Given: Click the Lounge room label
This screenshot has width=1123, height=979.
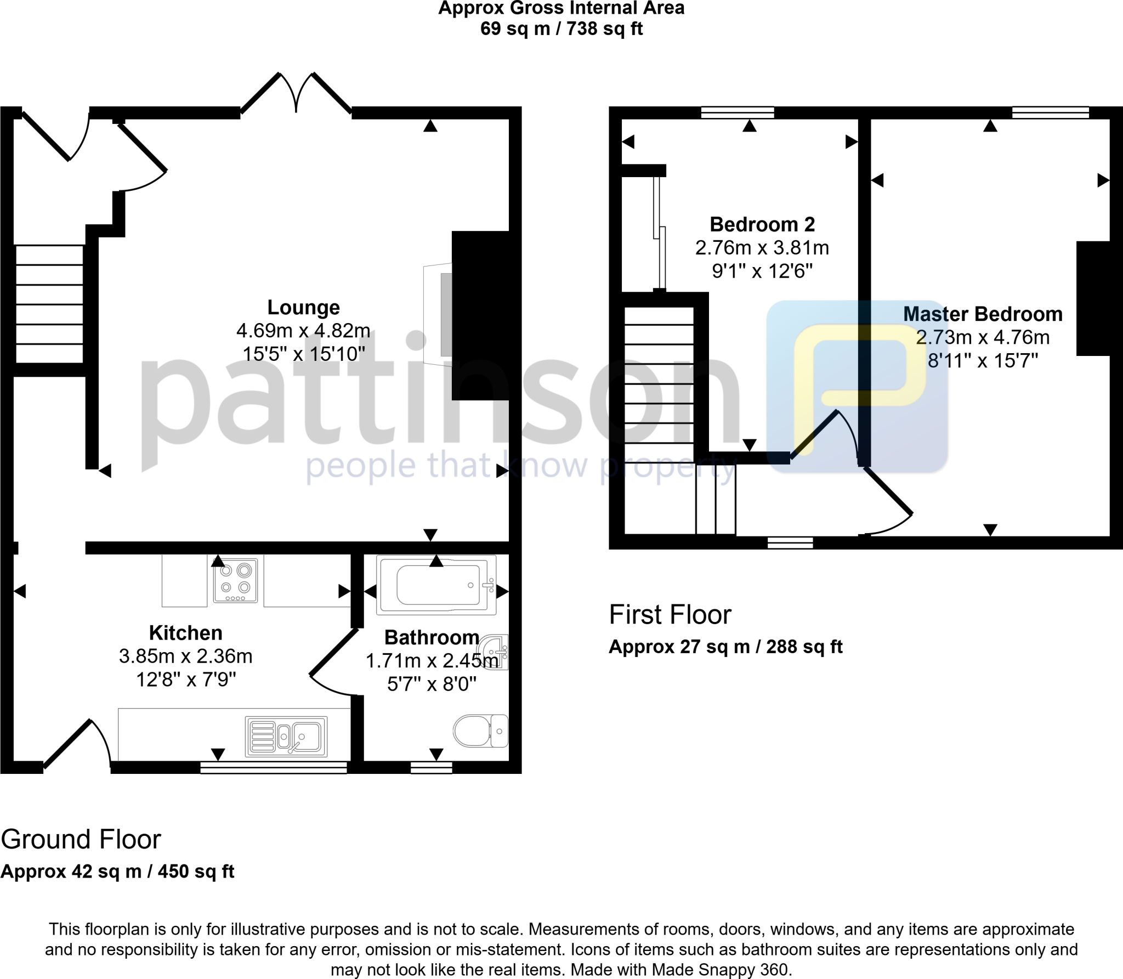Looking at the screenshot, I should pos(303,308).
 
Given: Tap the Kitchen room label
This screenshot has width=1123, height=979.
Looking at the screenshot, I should pos(185,633).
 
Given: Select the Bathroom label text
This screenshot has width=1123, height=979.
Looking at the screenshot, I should pos(432,637).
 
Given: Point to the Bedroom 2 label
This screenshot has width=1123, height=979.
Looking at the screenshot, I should pos(762,224).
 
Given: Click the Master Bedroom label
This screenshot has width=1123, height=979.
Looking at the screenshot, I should pos(983,314).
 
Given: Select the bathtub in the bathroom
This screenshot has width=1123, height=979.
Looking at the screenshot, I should pos(436,585).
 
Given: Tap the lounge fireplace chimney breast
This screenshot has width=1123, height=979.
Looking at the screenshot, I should pos(481,315).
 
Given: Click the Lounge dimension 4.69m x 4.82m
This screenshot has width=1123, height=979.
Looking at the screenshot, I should pos(303,331).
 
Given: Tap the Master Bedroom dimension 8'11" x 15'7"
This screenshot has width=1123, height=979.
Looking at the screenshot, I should pos(983,361).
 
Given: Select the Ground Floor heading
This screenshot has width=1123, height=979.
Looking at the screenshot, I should pos(81,840).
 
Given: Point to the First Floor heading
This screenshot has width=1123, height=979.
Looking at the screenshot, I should pos(670,615).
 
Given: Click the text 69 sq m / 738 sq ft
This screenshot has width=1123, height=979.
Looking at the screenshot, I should pos(561,29).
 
